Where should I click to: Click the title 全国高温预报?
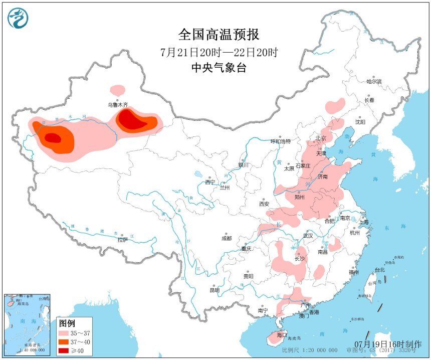coord(219,35)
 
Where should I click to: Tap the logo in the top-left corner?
coord(18,18)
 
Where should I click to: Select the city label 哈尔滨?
coord(373,81)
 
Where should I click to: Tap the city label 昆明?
coord(214,290)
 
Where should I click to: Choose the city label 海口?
coord(282,334)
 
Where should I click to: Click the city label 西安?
coord(264,204)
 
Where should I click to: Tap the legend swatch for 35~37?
coord(64,332)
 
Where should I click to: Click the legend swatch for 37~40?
coord(64,341)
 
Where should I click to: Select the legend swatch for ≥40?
coord(64,350)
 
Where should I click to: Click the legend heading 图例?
coord(67,322)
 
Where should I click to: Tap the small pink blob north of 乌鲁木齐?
coord(118,90)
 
